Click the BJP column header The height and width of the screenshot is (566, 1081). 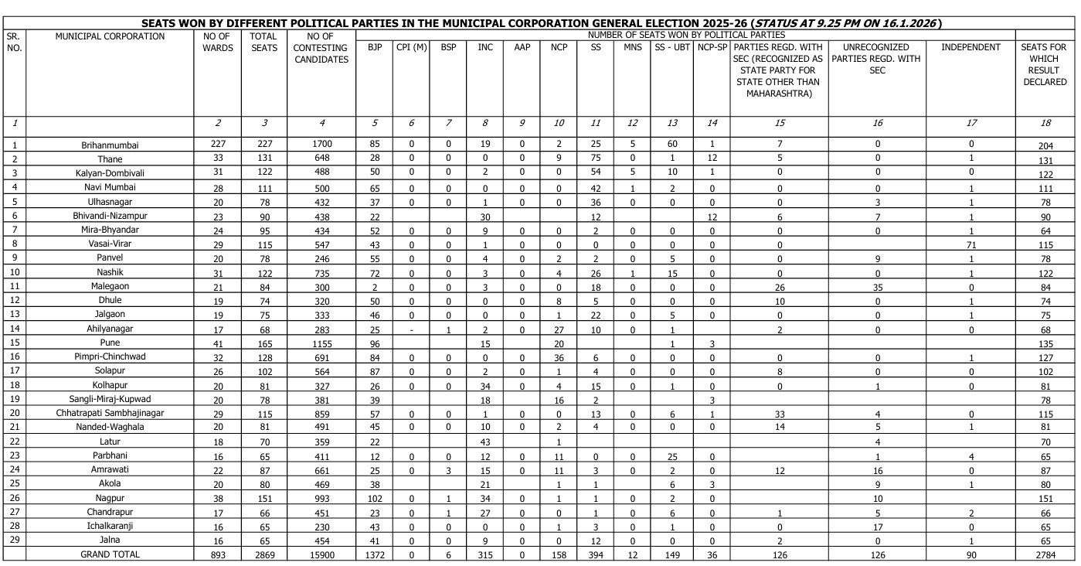pyautogui.click(x=375, y=48)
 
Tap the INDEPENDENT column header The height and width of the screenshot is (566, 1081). pyautogui.click(x=971, y=48)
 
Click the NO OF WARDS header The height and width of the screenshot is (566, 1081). pyautogui.click(x=217, y=42)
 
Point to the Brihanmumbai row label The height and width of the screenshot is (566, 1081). pyautogui.click(x=110, y=145)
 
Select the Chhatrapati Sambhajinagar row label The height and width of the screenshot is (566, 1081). pyautogui.click(x=110, y=413)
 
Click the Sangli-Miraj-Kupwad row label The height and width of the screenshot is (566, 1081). pyautogui.click(x=110, y=399)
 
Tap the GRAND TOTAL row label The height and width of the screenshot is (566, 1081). pyautogui.click(x=110, y=554)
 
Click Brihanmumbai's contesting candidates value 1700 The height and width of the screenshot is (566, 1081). pyautogui.click(x=321, y=145)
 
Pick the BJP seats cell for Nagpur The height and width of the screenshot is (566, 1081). pyautogui.click(x=375, y=498)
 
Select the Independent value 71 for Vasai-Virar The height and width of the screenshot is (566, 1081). pyautogui.click(x=971, y=244)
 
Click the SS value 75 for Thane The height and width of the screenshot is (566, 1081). pyautogui.click(x=596, y=159)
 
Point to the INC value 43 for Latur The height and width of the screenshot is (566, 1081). pyautogui.click(x=485, y=442)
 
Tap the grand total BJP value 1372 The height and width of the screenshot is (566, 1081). pyautogui.click(x=375, y=554)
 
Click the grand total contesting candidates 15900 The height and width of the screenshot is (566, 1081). pyautogui.click(x=321, y=554)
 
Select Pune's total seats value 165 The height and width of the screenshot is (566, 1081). pyautogui.click(x=264, y=343)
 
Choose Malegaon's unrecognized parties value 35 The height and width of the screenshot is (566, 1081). pyautogui.click(x=877, y=286)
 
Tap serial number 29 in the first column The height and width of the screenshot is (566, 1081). pyautogui.click(x=14, y=540)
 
